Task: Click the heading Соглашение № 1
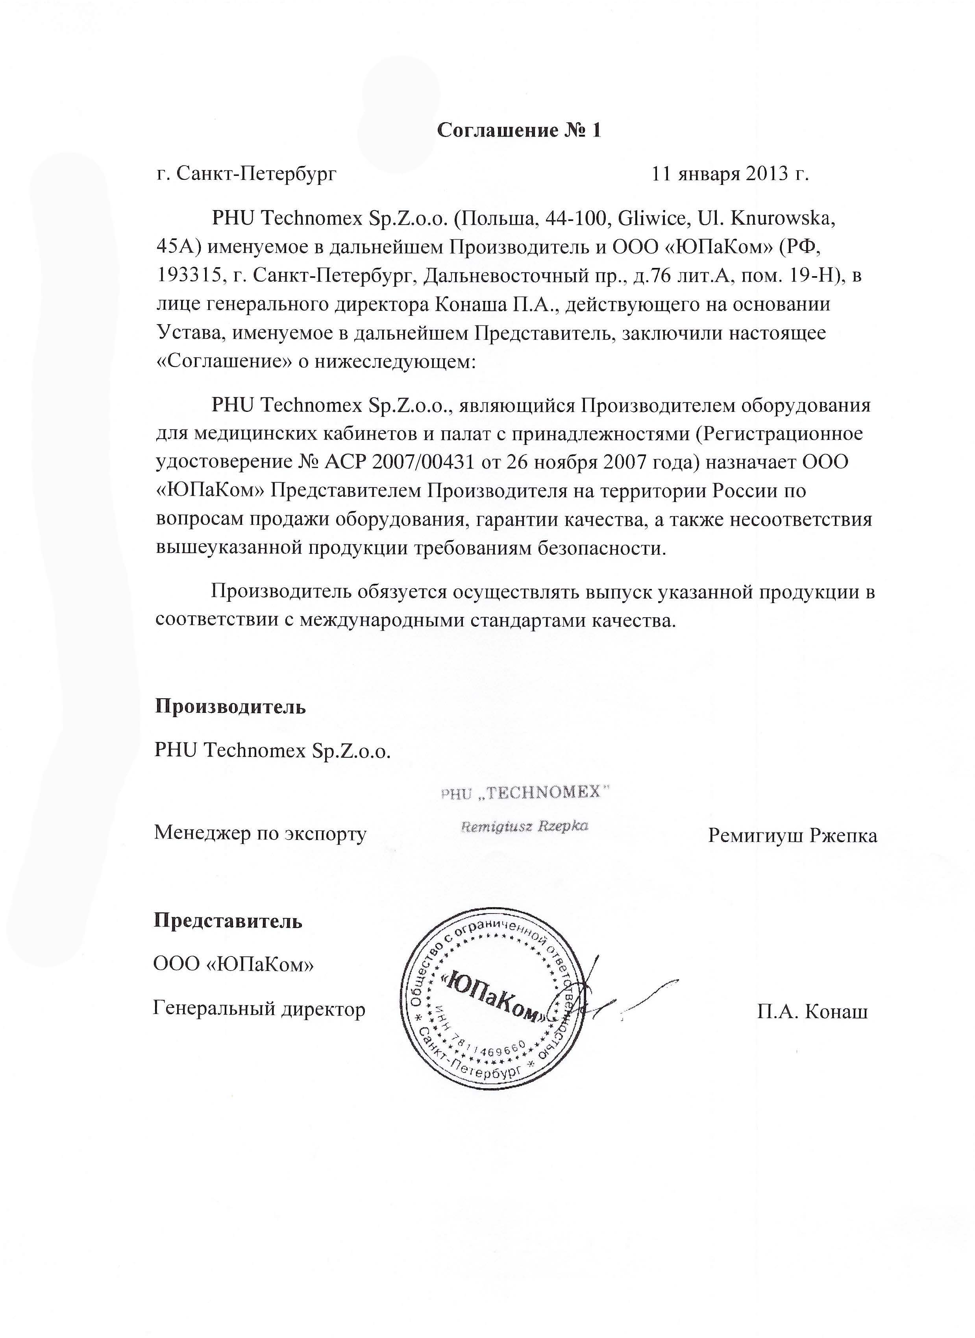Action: [x=518, y=130]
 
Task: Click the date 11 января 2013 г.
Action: [x=729, y=174]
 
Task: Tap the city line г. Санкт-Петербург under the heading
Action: [x=247, y=174]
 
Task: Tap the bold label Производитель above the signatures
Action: [x=230, y=706]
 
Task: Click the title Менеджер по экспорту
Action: [x=260, y=834]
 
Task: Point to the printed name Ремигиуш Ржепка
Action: [x=792, y=835]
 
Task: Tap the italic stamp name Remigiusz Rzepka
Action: [x=524, y=826]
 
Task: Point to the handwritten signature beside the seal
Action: [x=625, y=997]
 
